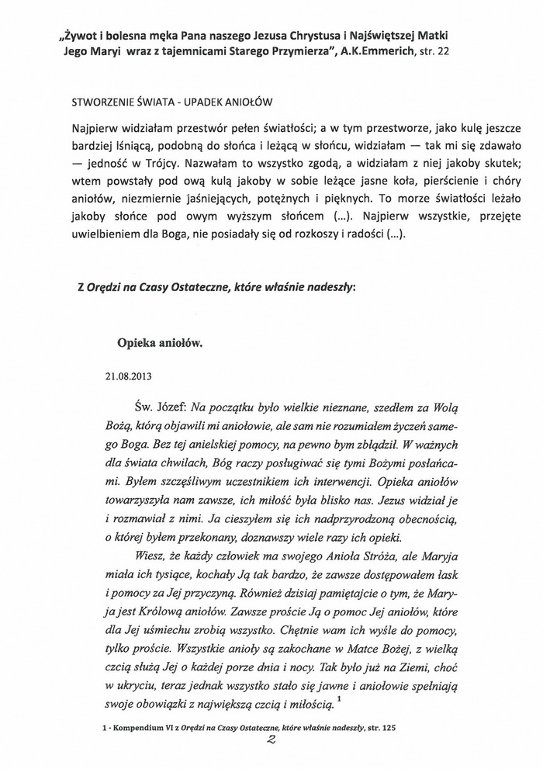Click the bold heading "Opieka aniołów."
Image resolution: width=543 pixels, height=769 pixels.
coord(157,340)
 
